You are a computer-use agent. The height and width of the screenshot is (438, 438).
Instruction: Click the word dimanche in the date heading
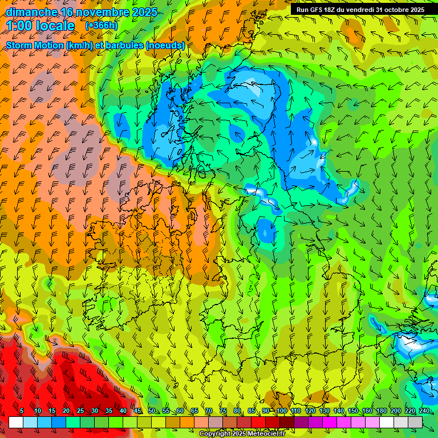click(x=31, y=12)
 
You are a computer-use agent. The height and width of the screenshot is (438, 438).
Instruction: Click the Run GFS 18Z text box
click(x=360, y=10)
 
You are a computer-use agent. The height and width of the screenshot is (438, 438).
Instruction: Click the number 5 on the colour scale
click(x=22, y=411)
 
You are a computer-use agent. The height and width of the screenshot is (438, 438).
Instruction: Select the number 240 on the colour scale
click(x=424, y=411)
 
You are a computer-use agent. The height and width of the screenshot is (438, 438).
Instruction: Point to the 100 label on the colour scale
click(x=281, y=411)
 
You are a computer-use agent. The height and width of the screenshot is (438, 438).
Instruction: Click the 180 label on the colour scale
click(x=381, y=411)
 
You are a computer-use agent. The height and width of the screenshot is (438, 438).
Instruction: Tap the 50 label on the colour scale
click(x=152, y=411)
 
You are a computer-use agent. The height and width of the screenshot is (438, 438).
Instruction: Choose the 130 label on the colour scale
click(x=324, y=411)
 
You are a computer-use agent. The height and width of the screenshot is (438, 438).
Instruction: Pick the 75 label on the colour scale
click(x=223, y=411)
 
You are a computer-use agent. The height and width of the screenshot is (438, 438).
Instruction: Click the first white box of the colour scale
click(x=16, y=422)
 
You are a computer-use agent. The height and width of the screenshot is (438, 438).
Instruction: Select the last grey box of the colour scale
click(x=415, y=422)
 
